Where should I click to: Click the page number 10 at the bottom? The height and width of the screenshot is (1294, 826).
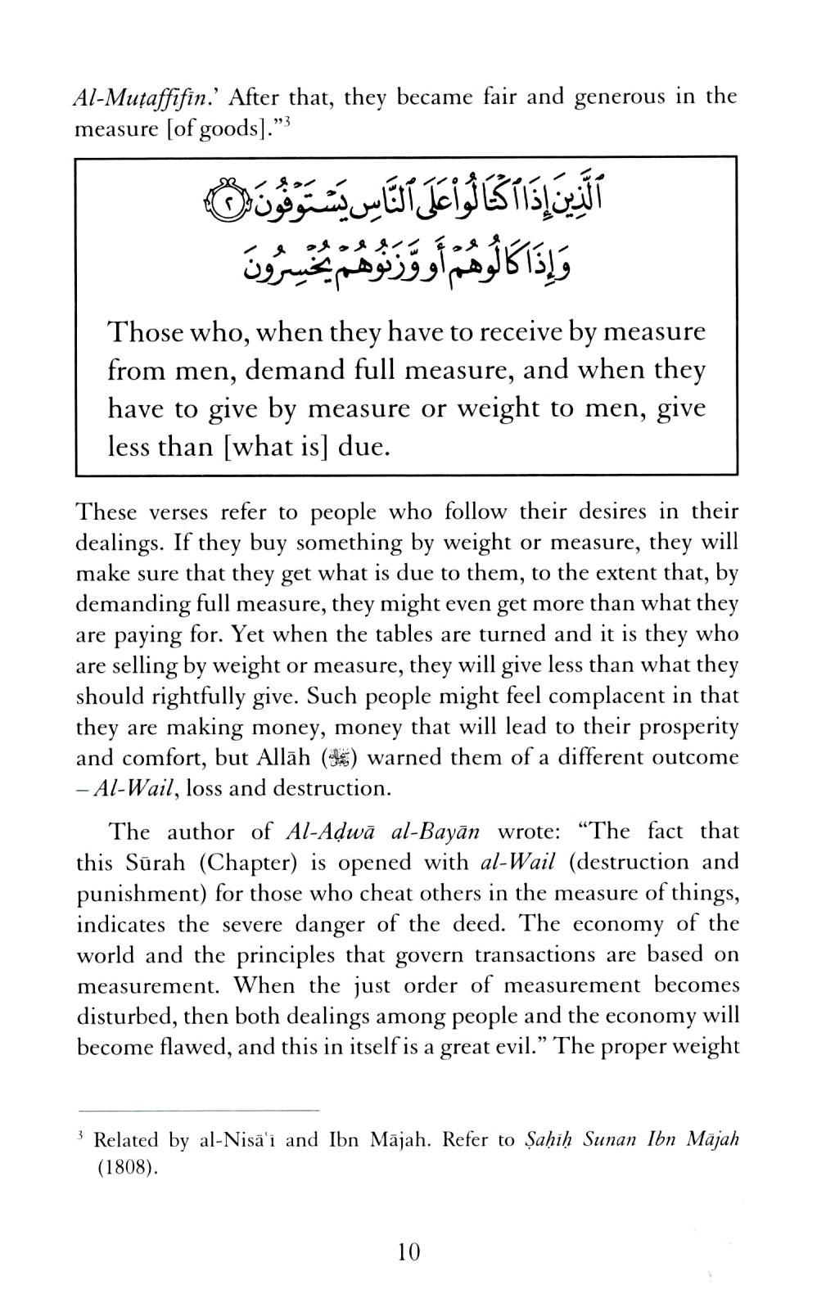[x=407, y=1251]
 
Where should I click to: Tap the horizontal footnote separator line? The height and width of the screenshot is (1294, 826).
[x=196, y=1111]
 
